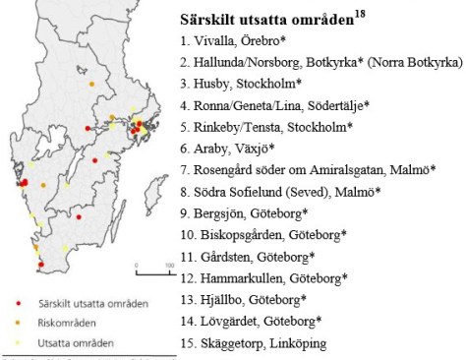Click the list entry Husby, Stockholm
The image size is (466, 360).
[x=241, y=84]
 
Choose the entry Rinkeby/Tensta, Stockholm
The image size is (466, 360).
[x=265, y=127]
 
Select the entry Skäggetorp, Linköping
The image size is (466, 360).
[x=255, y=342]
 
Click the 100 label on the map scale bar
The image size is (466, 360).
[x=168, y=267]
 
